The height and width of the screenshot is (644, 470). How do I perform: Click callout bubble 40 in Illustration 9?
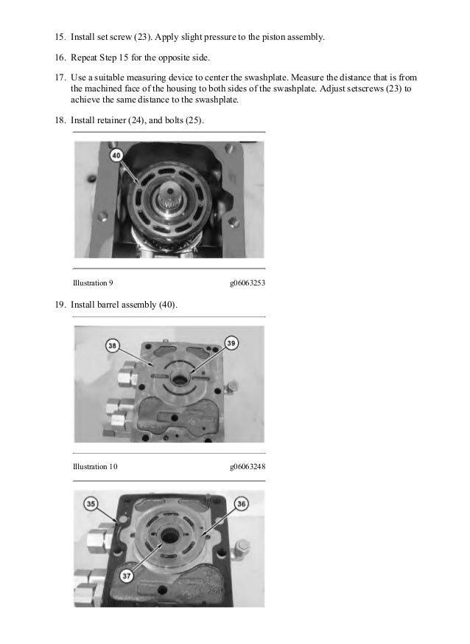116,155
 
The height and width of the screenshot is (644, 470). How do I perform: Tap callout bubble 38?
112,345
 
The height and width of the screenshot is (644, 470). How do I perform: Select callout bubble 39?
231,343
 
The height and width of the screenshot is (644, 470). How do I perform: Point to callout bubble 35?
91,504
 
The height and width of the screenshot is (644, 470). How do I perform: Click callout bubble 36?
241,504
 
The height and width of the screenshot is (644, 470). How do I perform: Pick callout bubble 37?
126,576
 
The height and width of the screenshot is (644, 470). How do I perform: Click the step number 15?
60,37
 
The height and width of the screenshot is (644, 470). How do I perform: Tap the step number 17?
60,77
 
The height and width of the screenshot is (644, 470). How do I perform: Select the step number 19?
60,305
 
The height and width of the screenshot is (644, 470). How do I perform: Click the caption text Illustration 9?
93,283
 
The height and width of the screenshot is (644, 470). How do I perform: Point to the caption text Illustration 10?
95,466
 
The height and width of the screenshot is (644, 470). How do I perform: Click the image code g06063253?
248,283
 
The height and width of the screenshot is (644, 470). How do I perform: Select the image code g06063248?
248,466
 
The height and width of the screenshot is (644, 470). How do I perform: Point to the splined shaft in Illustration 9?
169,197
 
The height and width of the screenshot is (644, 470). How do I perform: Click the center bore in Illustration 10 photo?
179,379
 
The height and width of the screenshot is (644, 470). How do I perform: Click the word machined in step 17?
103,89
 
